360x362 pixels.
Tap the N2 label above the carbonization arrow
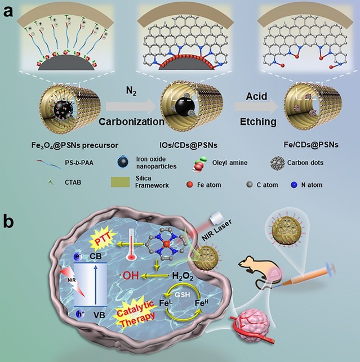pos(131,89)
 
